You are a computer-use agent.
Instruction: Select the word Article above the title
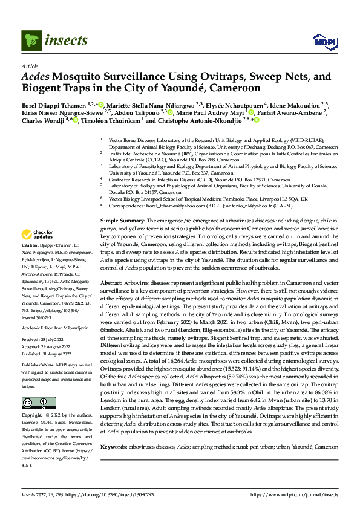pyautogui.click(x=29, y=66)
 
